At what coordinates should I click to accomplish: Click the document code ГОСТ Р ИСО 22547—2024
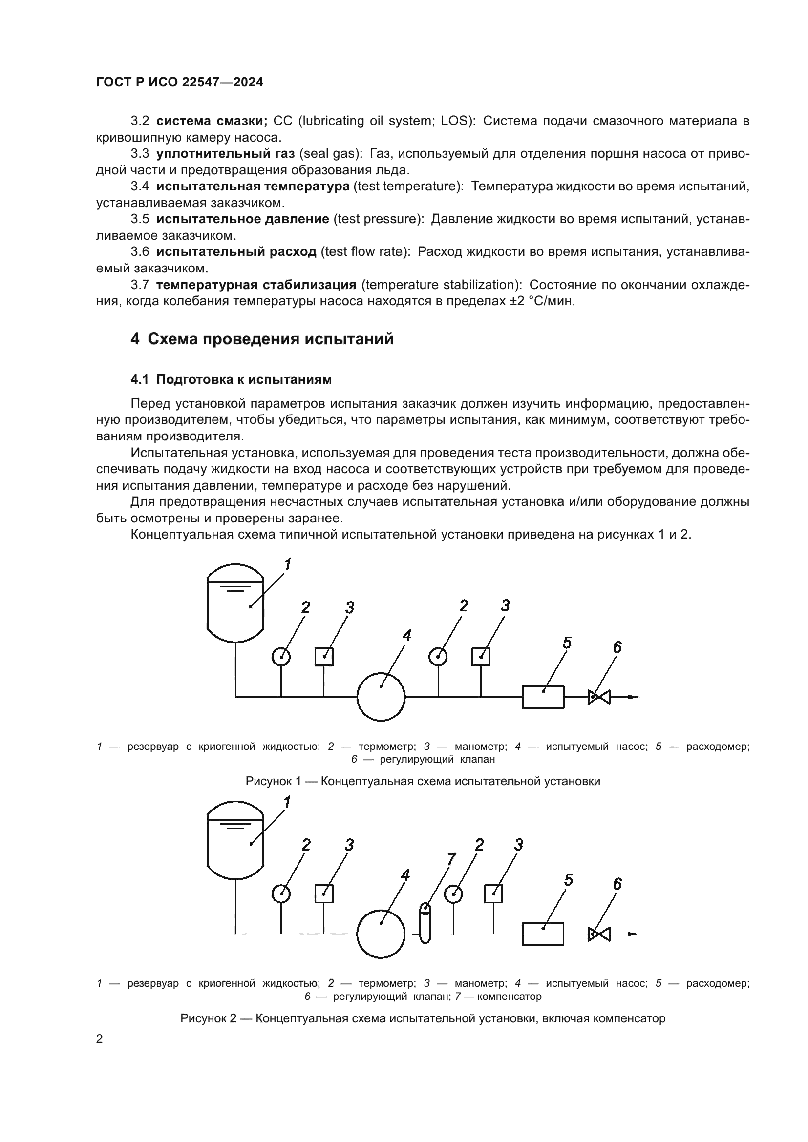pyautogui.click(x=180, y=82)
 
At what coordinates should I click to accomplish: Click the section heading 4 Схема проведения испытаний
pyautogui.click(x=262, y=339)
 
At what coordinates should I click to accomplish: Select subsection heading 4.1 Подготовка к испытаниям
pyautogui.click(x=231, y=379)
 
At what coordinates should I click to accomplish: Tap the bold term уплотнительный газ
pyautogui.click(x=225, y=154)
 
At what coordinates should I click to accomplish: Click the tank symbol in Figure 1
pyautogui.click(x=235, y=603)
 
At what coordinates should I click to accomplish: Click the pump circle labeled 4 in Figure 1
pyautogui.click(x=381, y=696)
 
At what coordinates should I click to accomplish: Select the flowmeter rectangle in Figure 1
pyautogui.click(x=543, y=696)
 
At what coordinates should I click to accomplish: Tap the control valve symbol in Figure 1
pyautogui.click(x=599, y=697)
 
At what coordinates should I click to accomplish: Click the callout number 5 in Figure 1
pyautogui.click(x=567, y=643)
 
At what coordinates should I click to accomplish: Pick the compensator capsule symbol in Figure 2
pyautogui.click(x=425, y=922)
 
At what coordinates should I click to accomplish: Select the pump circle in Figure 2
pyautogui.click(x=381, y=934)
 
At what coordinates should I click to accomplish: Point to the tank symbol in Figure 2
pyautogui.click(x=235, y=840)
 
